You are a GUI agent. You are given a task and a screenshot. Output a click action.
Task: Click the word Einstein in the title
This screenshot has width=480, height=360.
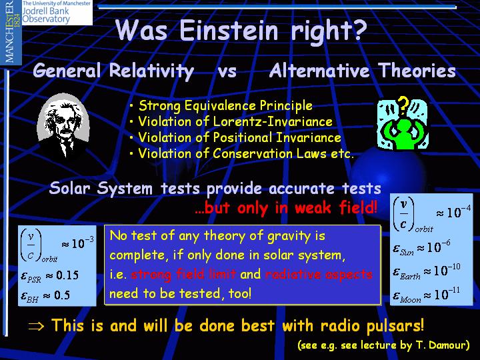(229, 30)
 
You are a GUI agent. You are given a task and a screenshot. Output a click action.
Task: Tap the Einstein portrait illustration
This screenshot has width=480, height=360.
(63, 125)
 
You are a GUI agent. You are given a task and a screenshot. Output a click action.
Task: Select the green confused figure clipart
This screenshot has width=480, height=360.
(402, 124)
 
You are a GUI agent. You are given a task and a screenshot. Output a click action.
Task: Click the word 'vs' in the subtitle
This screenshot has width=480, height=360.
(227, 71)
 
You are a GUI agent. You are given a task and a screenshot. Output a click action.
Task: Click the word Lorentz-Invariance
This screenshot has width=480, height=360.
(273, 121)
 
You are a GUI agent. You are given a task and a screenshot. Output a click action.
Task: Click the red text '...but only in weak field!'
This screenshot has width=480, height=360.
(286, 208)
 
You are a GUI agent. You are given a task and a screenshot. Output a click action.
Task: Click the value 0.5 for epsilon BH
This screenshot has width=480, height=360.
(61, 295)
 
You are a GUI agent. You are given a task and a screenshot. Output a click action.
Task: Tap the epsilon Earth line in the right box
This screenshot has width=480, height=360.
(427, 271)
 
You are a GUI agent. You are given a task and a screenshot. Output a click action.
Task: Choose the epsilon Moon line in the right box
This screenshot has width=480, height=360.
(426, 295)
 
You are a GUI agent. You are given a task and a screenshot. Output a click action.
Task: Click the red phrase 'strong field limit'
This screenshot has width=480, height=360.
(183, 275)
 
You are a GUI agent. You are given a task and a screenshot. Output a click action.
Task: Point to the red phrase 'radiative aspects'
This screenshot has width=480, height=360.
(319, 275)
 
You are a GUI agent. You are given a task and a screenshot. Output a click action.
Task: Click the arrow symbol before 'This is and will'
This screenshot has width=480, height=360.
(36, 326)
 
